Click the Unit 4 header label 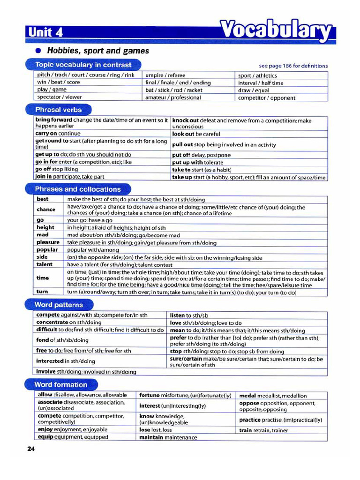[x=45, y=32]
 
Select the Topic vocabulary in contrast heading [x=83, y=65]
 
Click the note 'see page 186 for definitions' [x=293, y=66]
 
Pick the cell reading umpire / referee [x=165, y=75]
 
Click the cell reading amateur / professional [x=173, y=97]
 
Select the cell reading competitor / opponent [x=266, y=98]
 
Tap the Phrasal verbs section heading [x=58, y=110]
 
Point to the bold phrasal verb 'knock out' [x=186, y=120]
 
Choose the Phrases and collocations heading [x=78, y=189]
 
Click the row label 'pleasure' [x=48, y=242]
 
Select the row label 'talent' [x=45, y=264]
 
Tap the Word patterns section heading [x=59, y=305]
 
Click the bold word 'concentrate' [x=52, y=322]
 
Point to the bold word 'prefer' [x=178, y=337]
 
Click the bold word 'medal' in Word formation [x=247, y=396]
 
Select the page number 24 [x=31, y=449]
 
